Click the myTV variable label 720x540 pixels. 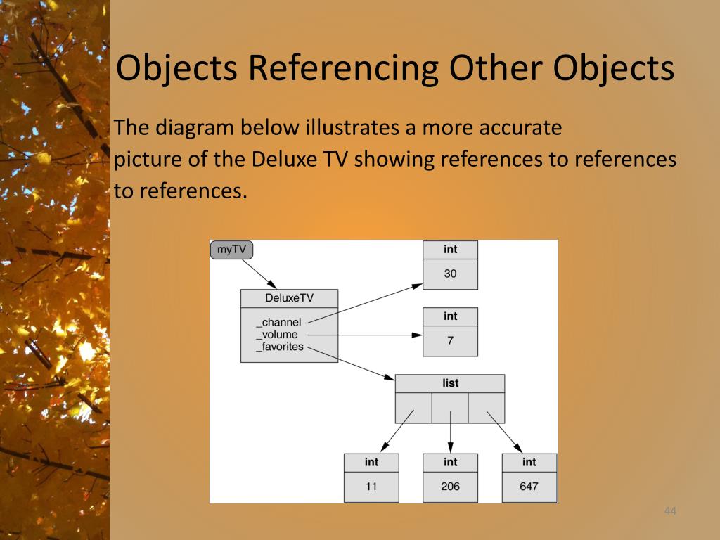(231, 250)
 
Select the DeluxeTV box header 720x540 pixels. (289, 298)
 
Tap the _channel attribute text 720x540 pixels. (278, 323)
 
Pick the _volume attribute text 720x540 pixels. (277, 335)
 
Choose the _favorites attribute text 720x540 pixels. (280, 346)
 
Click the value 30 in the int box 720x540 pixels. (450, 274)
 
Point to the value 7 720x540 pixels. (450, 340)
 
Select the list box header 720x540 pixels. (450, 383)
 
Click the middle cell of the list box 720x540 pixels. (450, 408)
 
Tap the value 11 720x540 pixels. (371, 486)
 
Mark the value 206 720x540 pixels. (450, 486)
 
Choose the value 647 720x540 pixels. (529, 486)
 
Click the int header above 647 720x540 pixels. (529, 462)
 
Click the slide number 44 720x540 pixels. (669, 511)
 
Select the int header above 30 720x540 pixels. (450, 250)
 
